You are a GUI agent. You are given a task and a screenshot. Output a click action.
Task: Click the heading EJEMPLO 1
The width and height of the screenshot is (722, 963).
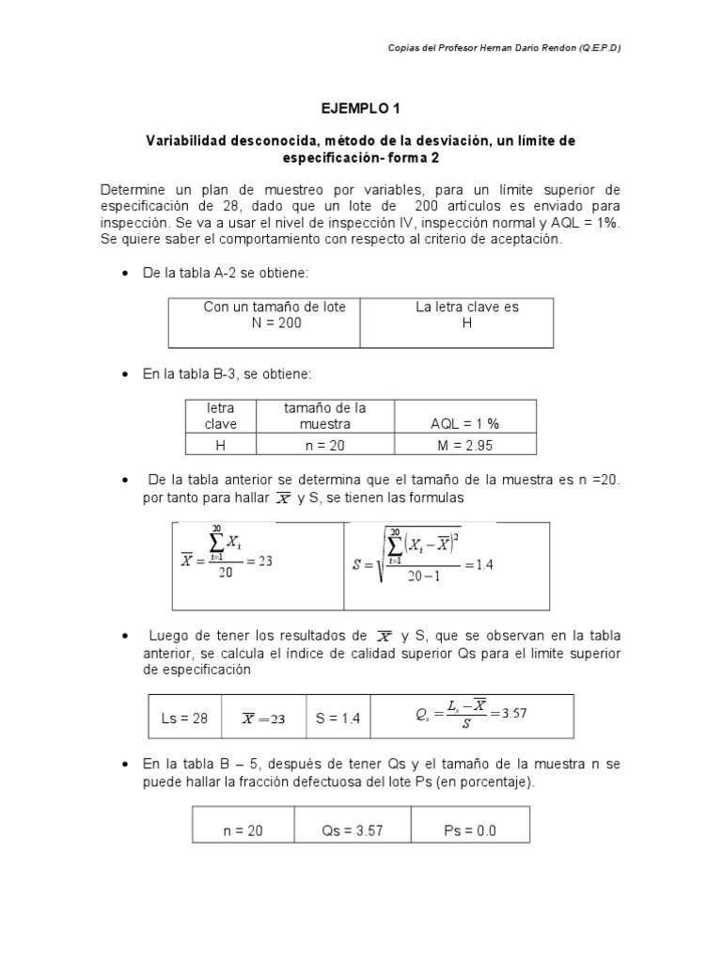tap(360, 109)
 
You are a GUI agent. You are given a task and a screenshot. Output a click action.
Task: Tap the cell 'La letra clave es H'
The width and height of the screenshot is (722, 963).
tap(466, 315)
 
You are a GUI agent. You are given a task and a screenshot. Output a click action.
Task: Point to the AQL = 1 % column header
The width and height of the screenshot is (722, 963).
tap(465, 424)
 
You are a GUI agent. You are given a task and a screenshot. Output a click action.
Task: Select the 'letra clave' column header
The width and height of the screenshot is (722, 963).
tap(221, 416)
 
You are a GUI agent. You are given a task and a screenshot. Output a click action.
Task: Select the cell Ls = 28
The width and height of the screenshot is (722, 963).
tap(184, 718)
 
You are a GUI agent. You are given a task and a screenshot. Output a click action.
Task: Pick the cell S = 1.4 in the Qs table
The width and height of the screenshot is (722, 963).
tap(337, 718)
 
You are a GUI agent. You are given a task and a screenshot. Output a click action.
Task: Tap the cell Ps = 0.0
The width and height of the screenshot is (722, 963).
tap(469, 830)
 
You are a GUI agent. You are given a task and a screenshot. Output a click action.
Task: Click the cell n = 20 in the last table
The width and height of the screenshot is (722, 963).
tap(243, 830)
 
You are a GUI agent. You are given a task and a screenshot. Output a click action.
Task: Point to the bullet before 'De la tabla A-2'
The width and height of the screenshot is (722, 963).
tap(126, 273)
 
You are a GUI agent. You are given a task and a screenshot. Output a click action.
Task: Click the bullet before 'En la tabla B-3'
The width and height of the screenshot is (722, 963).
tap(126, 375)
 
